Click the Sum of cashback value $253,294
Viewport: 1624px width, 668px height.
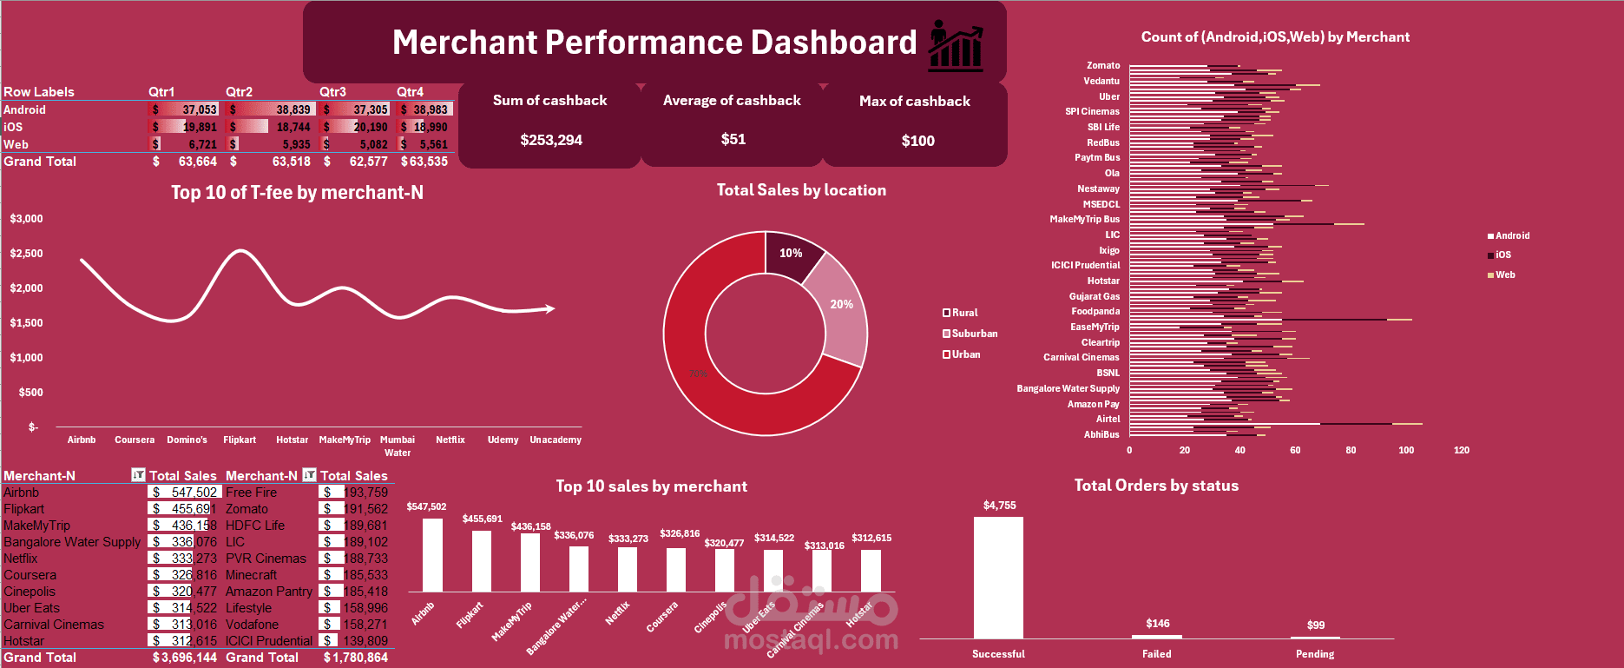(x=551, y=140)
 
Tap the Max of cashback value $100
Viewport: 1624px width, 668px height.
(x=917, y=141)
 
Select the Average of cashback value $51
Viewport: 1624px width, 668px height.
(x=733, y=139)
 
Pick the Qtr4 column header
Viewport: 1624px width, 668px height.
(x=410, y=91)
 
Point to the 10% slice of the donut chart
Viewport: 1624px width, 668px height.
(x=790, y=253)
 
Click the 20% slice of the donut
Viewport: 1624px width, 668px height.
(x=840, y=305)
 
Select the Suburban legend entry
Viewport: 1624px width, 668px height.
(x=973, y=334)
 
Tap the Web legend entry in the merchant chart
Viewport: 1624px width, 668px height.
(x=1504, y=274)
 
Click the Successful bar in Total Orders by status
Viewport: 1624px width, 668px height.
(x=998, y=578)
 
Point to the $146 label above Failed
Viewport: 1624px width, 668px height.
(x=1157, y=623)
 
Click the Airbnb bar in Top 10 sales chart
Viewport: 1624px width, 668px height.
(x=432, y=555)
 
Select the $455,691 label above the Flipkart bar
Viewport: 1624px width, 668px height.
(x=482, y=519)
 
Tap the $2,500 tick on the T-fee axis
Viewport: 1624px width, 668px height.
(x=26, y=254)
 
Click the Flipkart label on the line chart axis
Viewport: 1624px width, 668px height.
(x=240, y=440)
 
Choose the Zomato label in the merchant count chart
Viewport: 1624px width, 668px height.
(x=1102, y=65)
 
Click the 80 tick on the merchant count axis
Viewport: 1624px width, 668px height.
(x=1351, y=450)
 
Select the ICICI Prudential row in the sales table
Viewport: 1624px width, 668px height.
(x=269, y=641)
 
